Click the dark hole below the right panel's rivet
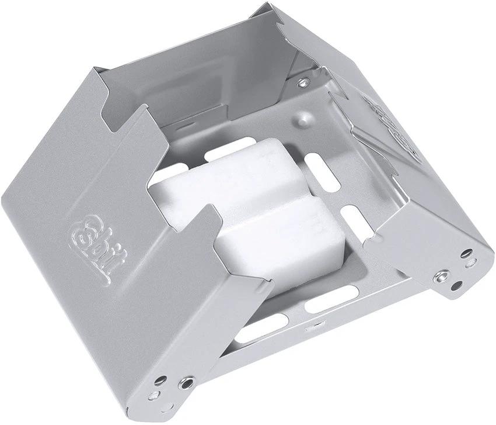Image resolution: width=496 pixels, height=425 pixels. pyautogui.click(x=457, y=286)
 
